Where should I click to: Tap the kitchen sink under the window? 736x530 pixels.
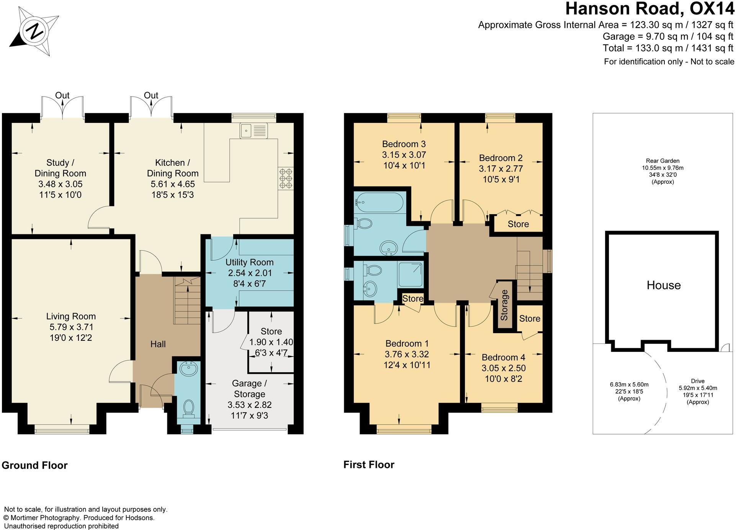[x=254, y=130]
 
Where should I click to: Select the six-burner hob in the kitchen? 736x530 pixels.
[x=286, y=179]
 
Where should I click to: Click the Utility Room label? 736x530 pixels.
[x=249, y=262]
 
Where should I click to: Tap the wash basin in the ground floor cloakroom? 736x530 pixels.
[x=188, y=370]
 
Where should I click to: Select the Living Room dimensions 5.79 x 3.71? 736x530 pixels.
[x=71, y=327]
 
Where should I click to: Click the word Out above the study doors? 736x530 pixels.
[x=62, y=95]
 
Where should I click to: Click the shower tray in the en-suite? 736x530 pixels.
[x=410, y=274]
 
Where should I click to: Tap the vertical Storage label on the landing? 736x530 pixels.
[x=504, y=305]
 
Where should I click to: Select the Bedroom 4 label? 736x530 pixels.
[x=503, y=357]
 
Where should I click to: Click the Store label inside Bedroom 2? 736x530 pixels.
[x=518, y=224]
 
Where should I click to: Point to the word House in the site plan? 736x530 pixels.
[x=663, y=285]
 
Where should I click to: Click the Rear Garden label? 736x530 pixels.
[x=662, y=161]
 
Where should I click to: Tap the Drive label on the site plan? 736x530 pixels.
[x=697, y=381]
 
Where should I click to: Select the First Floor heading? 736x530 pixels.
[x=368, y=465]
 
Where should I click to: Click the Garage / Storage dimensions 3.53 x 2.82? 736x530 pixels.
[x=249, y=405]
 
